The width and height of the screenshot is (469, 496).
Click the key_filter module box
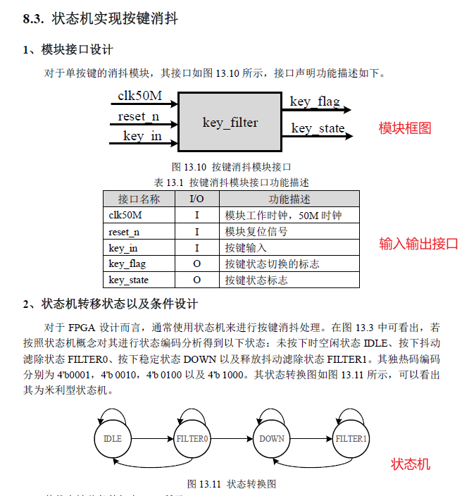[230, 123]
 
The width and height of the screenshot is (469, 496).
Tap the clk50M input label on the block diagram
[139, 96]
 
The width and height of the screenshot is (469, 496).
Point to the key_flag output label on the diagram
[314, 101]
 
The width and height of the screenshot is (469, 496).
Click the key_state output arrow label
[318, 128]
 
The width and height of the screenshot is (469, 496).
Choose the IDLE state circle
[113, 438]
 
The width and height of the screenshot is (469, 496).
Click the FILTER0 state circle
[193, 438]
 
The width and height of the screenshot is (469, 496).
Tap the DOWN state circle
[272, 438]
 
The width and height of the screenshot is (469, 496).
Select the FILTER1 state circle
[351, 438]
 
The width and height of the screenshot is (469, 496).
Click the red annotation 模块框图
[405, 128]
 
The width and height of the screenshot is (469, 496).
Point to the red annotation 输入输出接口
[418, 244]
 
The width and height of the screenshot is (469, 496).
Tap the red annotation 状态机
[411, 464]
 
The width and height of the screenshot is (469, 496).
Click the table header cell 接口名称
[139, 199]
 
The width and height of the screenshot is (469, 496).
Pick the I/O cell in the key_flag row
[196, 263]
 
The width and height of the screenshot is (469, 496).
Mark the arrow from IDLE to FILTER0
[152, 438]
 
